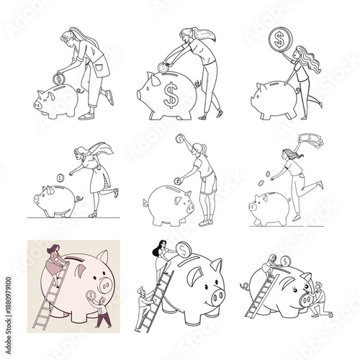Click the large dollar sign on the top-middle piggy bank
[170, 95]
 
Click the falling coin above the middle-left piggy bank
[60, 176]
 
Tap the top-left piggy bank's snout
[30, 103]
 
